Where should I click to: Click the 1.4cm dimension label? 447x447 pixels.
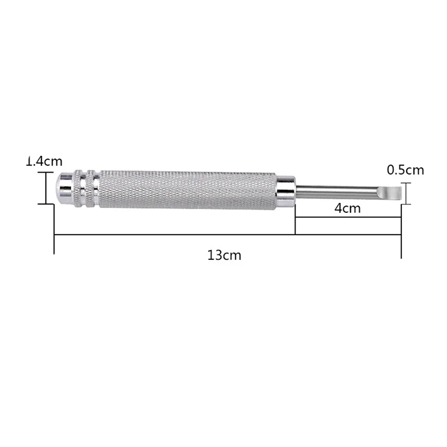point(45,162)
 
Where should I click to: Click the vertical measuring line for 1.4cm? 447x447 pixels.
point(45,188)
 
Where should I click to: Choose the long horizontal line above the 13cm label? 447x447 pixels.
point(223,235)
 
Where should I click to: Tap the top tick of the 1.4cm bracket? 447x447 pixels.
point(45,173)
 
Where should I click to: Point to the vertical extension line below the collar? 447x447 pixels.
point(295,221)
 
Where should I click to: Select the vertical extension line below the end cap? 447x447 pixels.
point(54,229)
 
